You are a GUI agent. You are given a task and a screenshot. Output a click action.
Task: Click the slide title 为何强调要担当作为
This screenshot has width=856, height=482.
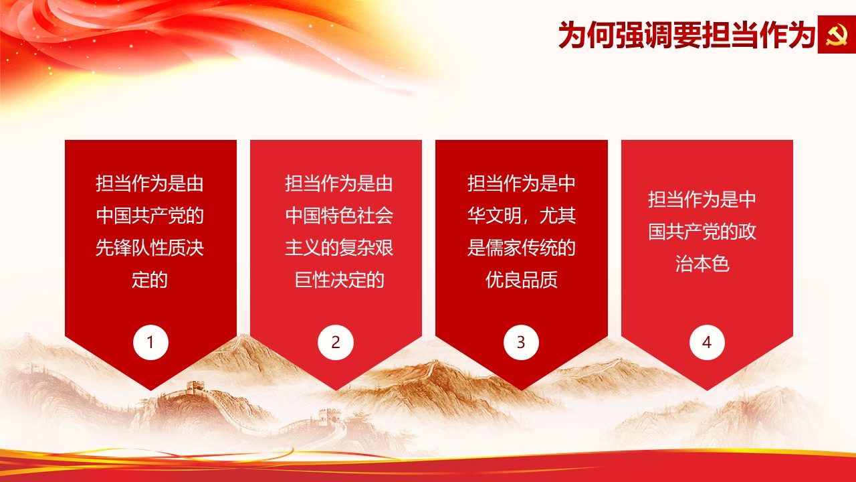point(687,35)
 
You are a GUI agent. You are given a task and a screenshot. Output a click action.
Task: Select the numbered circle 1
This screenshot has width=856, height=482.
point(150,342)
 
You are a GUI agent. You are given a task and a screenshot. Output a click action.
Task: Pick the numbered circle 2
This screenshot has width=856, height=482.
point(336,342)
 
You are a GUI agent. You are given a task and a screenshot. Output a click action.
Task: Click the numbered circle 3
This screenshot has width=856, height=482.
point(521,342)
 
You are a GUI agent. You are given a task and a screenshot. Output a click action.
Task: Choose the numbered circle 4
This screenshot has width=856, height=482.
point(707,342)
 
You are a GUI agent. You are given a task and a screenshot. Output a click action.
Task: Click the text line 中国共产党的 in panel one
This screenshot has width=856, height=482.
point(150,216)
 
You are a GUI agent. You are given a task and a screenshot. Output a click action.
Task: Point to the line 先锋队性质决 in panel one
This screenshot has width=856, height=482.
point(150,248)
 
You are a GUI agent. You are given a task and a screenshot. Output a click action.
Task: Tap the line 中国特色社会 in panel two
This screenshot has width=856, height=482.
point(339,216)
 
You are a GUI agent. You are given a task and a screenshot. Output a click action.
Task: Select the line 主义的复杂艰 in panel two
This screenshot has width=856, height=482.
point(339,248)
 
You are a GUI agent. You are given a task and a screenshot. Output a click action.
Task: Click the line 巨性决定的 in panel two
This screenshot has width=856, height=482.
point(339,280)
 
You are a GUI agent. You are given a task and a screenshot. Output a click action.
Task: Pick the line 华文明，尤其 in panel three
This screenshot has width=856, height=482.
point(521,216)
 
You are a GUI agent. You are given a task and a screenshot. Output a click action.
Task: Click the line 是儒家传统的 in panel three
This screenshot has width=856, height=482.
point(521,248)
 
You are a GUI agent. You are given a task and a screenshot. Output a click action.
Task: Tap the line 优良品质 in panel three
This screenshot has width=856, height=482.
point(521,280)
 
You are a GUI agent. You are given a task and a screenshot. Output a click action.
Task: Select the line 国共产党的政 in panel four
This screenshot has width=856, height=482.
point(702,232)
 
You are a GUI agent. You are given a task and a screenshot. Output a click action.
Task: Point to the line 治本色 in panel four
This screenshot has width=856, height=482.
point(702,264)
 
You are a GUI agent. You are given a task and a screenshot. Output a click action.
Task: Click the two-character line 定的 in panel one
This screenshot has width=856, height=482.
point(150,280)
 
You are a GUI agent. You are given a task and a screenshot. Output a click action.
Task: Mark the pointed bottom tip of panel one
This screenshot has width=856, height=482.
point(150,390)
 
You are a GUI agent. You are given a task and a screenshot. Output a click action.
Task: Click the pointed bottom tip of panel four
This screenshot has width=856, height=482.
point(707,390)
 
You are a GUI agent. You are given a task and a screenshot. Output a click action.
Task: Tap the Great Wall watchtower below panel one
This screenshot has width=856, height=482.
point(195,387)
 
